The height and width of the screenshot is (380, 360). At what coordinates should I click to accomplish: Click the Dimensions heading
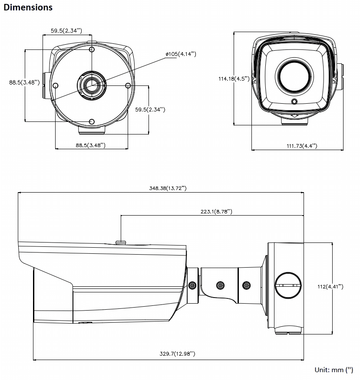pos(28,7)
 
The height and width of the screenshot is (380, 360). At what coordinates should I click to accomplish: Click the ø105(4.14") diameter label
pos(181,54)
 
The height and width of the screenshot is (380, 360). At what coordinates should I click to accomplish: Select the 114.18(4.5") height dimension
pos(234,79)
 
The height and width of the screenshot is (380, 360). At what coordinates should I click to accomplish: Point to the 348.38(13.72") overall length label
pos(167,188)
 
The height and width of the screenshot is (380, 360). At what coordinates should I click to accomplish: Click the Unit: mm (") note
pos(334,370)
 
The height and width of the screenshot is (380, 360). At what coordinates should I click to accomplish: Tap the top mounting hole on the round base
pos(92,50)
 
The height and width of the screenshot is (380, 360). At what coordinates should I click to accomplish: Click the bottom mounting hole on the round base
pos(92,121)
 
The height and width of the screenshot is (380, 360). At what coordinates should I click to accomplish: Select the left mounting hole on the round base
pos(56,85)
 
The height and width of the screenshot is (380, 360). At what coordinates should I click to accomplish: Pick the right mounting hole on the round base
pos(128,85)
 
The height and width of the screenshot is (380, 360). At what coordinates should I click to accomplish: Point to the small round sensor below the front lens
pos(294,102)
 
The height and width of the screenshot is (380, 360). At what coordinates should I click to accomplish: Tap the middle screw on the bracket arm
pos(221,285)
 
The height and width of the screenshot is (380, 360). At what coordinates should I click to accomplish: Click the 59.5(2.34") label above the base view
pos(66,30)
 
